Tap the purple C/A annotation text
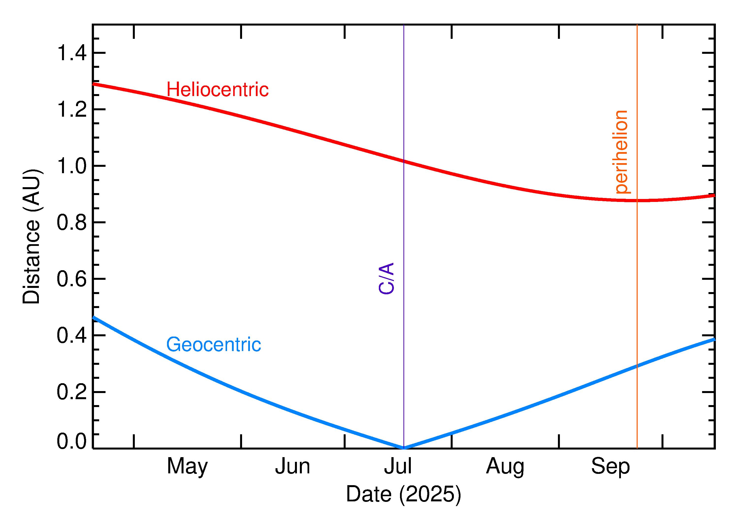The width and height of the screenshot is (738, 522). tap(386, 278)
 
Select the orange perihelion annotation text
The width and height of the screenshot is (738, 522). tap(621, 152)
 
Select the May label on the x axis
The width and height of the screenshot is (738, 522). tap(187, 467)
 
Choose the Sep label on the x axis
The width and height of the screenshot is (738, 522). tap(610, 467)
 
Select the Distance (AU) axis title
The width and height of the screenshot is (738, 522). tap(31, 236)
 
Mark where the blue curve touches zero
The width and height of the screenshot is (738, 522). tap(404, 448)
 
